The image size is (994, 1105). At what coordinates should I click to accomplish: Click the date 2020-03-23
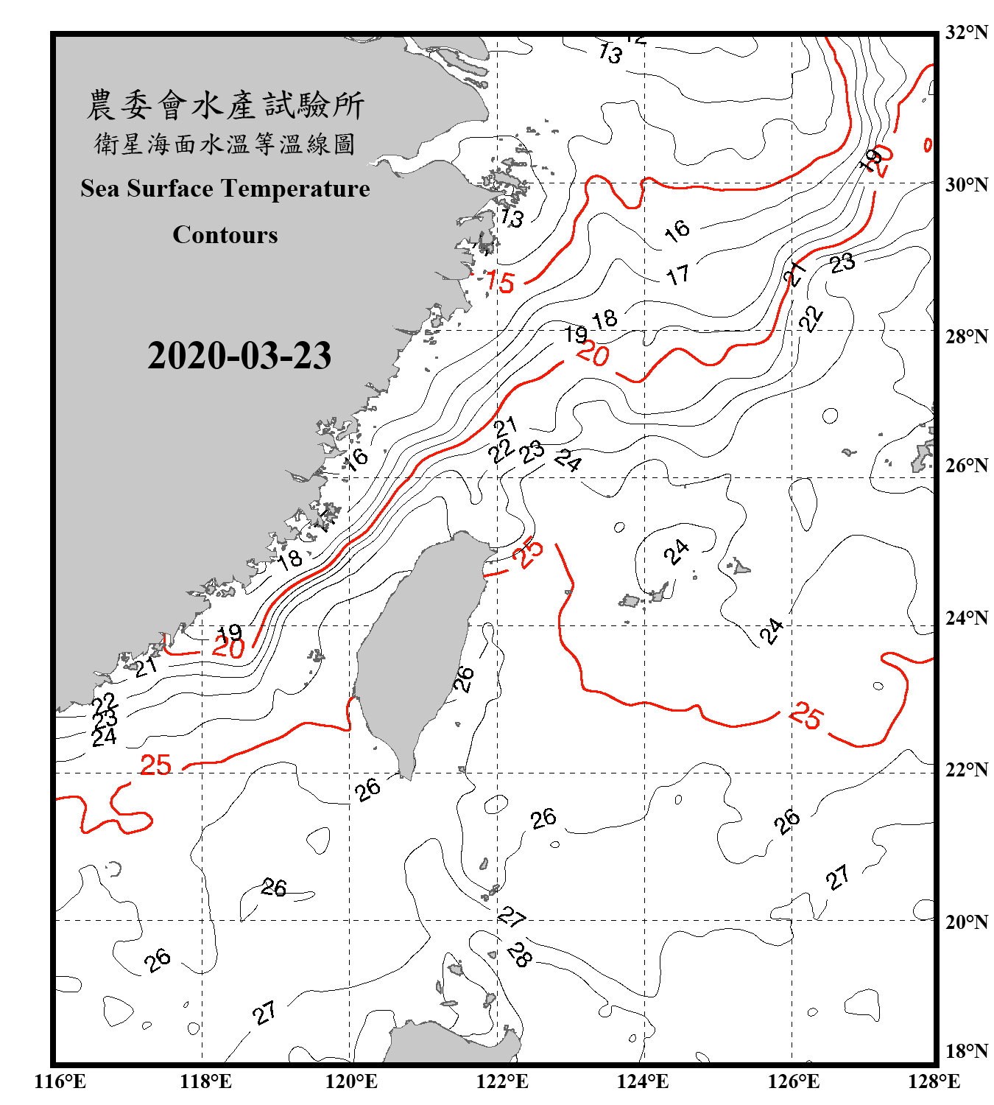239,356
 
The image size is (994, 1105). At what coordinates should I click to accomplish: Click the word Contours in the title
225,235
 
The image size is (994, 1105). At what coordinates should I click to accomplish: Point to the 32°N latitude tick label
966,32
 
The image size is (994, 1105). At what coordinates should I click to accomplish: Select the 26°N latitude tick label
966,466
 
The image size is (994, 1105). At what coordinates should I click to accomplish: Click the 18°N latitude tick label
966,1051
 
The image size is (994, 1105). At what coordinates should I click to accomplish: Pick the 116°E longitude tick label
60,1081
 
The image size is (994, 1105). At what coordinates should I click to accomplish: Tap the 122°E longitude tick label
502,1081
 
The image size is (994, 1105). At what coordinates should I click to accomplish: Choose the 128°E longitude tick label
934,1081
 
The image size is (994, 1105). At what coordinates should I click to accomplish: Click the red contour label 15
500,281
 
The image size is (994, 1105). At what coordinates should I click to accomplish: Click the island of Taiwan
420,648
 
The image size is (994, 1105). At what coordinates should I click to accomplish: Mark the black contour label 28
519,955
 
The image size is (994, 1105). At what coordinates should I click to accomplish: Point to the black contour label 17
677,276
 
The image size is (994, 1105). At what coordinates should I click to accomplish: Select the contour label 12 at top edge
636,39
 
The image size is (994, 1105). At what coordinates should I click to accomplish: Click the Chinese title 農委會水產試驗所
225,105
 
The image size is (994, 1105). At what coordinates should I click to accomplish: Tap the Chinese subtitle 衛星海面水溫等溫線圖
225,144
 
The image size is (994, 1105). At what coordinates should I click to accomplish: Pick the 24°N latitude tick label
966,617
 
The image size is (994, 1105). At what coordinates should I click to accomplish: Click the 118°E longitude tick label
205,1081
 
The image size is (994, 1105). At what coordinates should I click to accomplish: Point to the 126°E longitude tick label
793,1081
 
